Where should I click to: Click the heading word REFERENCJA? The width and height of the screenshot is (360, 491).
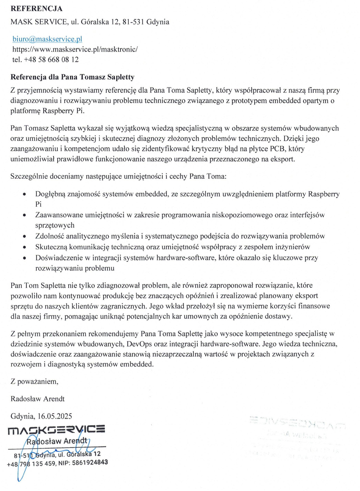tap(36, 9)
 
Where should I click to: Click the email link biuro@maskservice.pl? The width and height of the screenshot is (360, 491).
tap(47, 39)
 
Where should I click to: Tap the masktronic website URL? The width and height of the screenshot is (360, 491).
tap(75, 49)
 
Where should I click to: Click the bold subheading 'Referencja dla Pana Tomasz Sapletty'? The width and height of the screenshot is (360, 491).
tap(72, 77)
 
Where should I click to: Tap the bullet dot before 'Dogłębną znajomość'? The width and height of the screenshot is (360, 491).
tap(24, 194)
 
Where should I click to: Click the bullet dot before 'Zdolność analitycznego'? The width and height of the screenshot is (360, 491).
tap(24, 237)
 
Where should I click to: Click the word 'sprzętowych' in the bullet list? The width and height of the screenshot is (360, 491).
tap(55, 225)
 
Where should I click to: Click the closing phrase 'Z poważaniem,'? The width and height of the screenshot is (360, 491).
tap(34, 381)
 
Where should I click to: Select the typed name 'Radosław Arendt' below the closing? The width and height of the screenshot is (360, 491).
tap(38, 399)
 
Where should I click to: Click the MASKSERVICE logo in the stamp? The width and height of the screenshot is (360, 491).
tap(56, 430)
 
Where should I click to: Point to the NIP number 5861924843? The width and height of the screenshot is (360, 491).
tap(90, 463)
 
